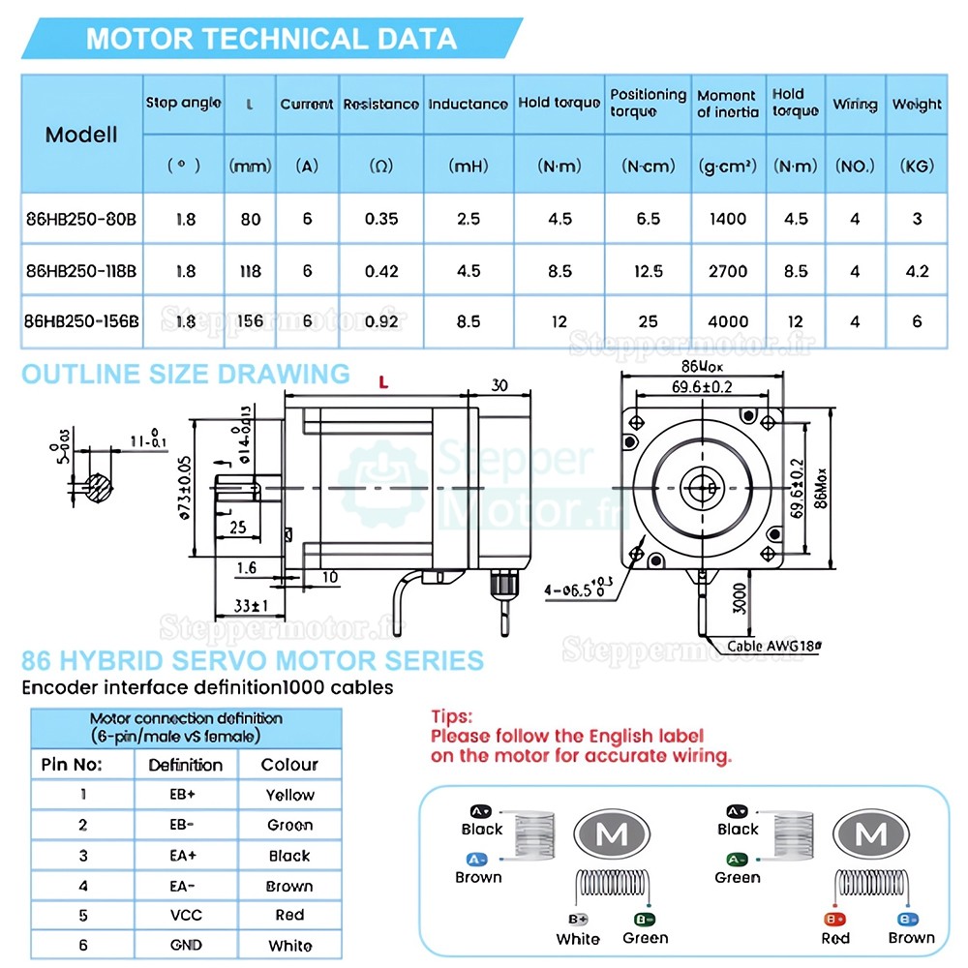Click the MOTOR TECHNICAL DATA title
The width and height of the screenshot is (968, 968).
tap(271, 39)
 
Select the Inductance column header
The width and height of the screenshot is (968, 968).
tap(468, 104)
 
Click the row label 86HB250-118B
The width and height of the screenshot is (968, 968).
tap(81, 271)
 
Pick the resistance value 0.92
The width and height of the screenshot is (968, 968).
tap(381, 321)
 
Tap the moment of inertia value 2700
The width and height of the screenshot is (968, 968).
tap(728, 271)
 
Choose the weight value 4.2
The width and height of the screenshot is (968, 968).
tap(917, 271)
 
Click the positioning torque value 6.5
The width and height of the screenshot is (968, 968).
tap(648, 219)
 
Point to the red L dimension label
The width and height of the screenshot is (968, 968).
tap(383, 384)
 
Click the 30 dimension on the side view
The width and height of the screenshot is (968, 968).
tap(499, 385)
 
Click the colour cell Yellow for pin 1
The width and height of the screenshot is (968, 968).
tap(289, 795)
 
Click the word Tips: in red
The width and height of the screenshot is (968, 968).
tap(452, 718)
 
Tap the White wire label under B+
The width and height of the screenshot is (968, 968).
tap(578, 938)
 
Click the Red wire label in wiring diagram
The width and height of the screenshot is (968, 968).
tap(834, 938)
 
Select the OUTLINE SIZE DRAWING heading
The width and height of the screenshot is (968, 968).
tap(186, 375)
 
